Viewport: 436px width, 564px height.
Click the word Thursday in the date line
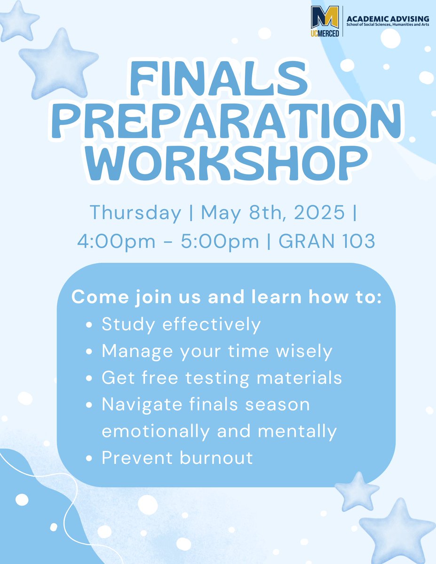pyautogui.click(x=135, y=212)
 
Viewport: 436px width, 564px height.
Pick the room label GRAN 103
pyautogui.click(x=327, y=241)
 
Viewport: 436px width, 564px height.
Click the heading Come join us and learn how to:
pyautogui.click(x=226, y=298)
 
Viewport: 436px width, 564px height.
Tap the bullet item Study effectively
pyautogui.click(x=181, y=325)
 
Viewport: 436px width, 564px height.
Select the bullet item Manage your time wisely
pyautogui.click(x=217, y=351)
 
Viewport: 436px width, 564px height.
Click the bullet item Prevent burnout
pyautogui.click(x=177, y=457)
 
